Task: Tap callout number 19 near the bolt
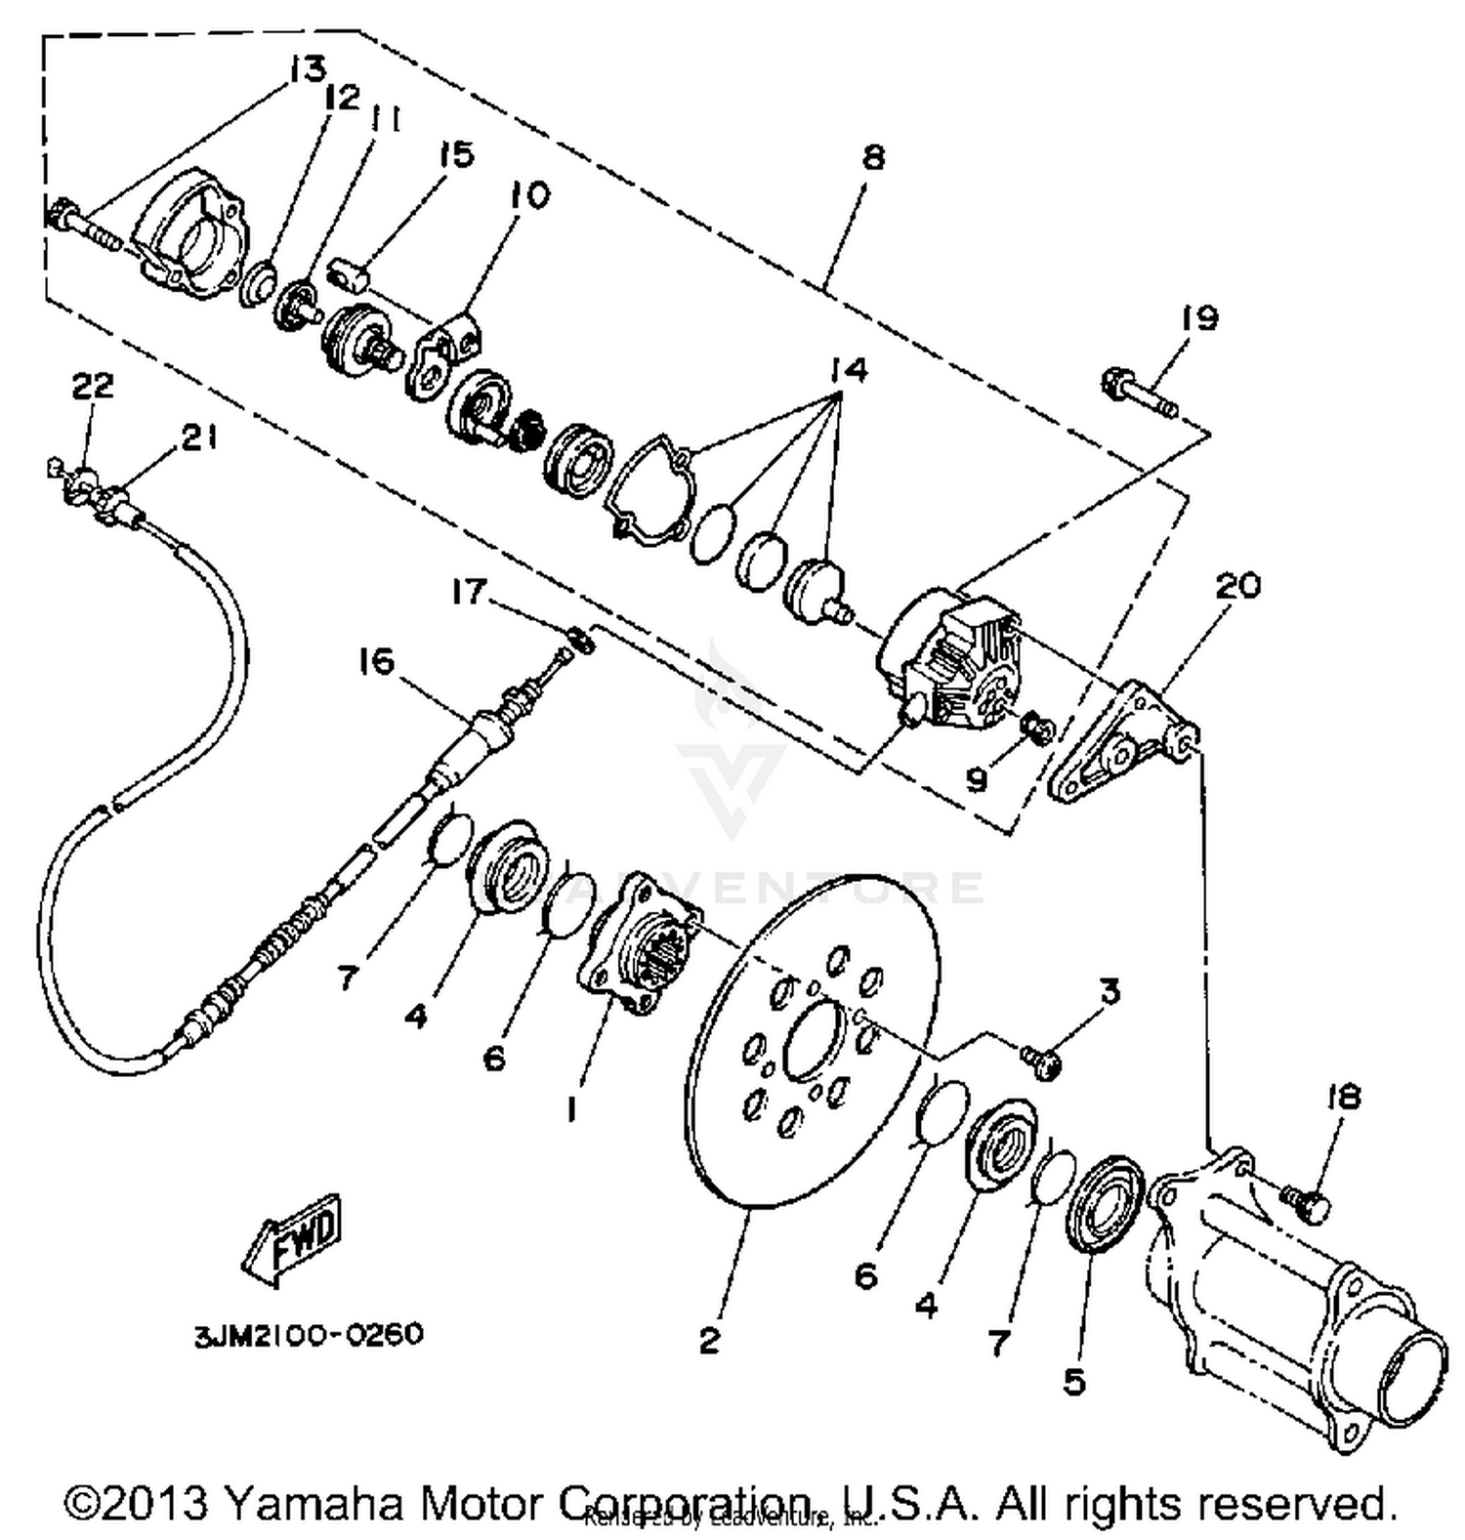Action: pyautogui.click(x=1199, y=318)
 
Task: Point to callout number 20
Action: pyautogui.click(x=1237, y=586)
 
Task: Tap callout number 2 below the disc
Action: pyautogui.click(x=709, y=1340)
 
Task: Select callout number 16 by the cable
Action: pyautogui.click(x=375, y=662)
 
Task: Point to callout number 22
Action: pyautogui.click(x=92, y=386)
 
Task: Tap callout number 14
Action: pyautogui.click(x=849, y=370)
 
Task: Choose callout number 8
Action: pyautogui.click(x=872, y=157)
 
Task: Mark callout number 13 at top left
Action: pyautogui.click(x=307, y=69)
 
